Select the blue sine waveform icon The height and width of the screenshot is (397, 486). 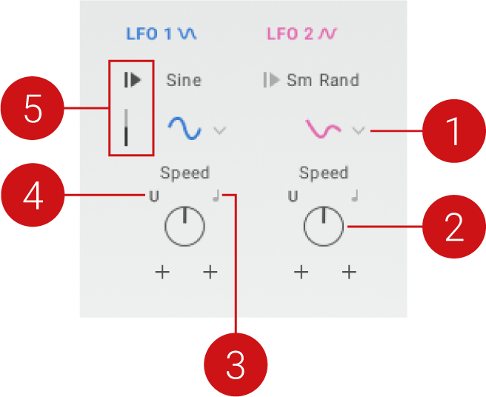[184, 128]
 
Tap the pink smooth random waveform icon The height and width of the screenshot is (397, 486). [324, 129]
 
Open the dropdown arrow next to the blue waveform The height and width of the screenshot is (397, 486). [219, 130]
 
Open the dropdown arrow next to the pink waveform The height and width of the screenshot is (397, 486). [359, 130]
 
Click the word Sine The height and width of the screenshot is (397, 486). [184, 80]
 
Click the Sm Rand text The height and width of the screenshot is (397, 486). [322, 80]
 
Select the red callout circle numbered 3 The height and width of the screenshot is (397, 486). [236, 365]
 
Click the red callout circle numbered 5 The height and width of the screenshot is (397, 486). [32, 110]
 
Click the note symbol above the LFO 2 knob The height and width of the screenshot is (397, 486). [355, 196]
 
